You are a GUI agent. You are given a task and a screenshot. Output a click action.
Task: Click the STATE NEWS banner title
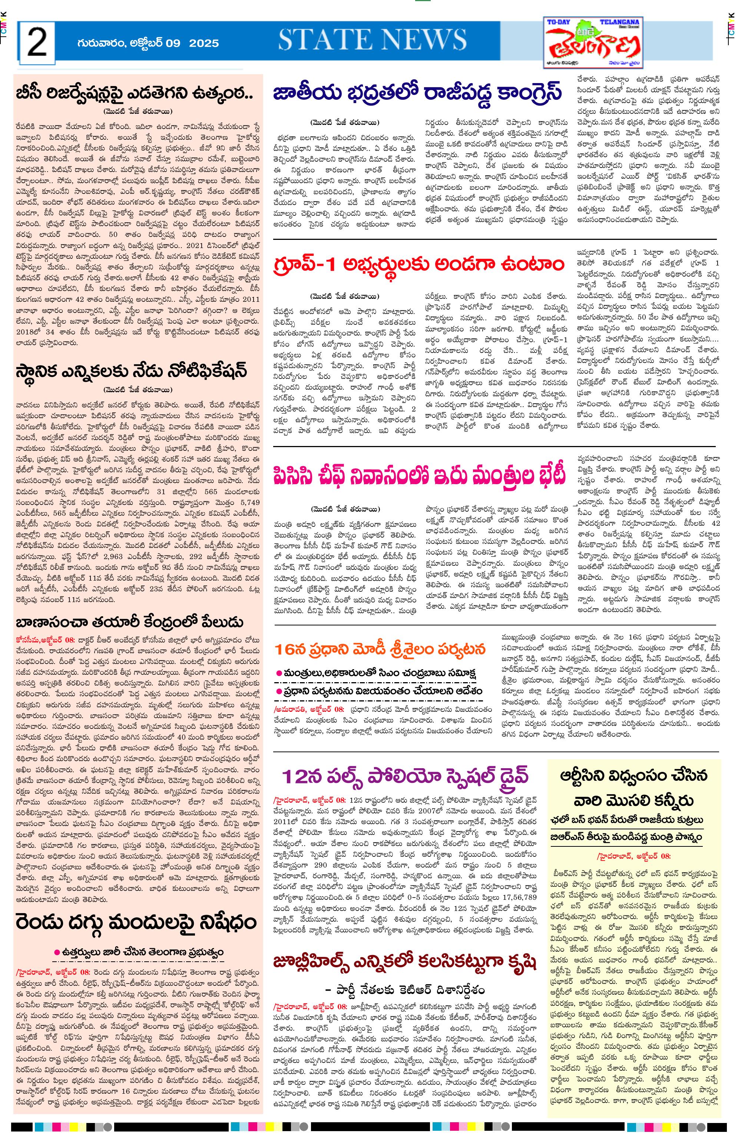coord(373,40)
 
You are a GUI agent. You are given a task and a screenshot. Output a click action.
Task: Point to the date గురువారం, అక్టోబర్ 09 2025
coord(148,43)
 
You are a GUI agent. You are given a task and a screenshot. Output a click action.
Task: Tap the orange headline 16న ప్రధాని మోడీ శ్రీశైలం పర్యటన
coord(380,650)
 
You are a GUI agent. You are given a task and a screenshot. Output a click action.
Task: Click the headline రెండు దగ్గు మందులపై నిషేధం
coord(136,922)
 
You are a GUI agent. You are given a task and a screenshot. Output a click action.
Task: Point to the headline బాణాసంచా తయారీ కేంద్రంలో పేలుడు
coord(129,622)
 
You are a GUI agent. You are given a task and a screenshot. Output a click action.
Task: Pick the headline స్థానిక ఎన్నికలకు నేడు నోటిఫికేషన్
coord(131,371)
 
